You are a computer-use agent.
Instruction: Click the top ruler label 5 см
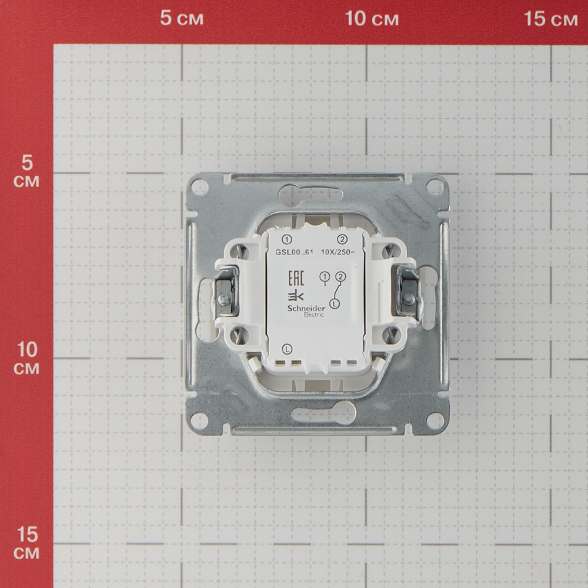pos(182,18)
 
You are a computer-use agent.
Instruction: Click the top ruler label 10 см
pos(372,18)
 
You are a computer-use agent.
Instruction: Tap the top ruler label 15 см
pos(550,18)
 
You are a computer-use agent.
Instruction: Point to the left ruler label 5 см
pos(26,171)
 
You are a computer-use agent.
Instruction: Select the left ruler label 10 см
pos(27,358)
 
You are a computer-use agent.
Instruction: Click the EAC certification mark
pos(296,278)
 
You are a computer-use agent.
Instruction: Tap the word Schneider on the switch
pos(306,308)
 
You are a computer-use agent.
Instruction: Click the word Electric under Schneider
pos(314,315)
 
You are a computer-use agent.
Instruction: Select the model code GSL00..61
pos(295,252)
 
